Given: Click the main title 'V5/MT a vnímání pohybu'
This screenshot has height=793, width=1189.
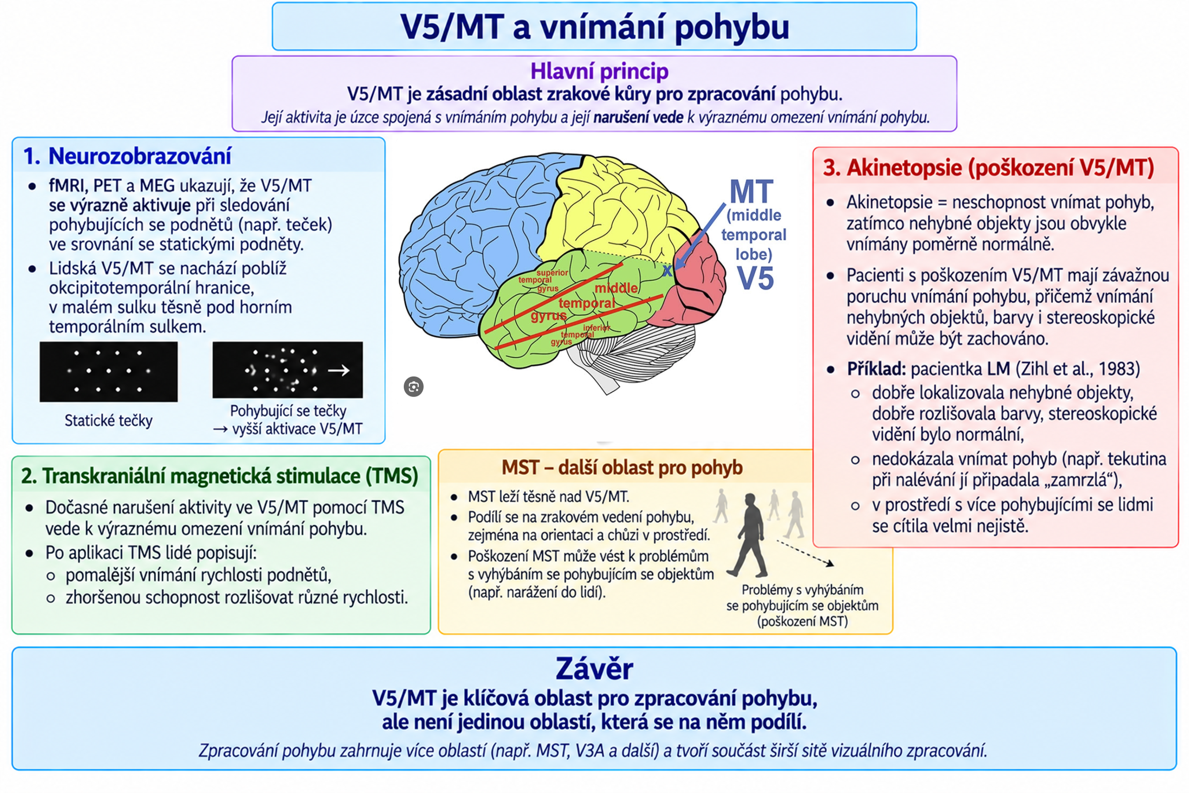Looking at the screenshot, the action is click(x=594, y=27).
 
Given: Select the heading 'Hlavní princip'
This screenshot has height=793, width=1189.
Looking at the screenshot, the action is click(x=599, y=71).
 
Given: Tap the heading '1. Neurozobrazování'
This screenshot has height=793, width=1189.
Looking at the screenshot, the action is click(x=127, y=156).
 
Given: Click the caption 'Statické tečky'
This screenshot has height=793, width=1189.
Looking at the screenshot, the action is click(x=108, y=420).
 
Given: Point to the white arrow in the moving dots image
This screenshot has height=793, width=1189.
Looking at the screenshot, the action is click(x=339, y=371).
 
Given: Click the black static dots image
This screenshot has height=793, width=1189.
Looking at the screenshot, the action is click(x=108, y=372).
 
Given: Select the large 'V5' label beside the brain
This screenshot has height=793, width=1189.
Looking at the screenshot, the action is click(x=755, y=278).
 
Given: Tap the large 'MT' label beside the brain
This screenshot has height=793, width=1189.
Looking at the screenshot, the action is click(x=751, y=192).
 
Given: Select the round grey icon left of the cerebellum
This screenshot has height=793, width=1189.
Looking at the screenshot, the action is click(x=414, y=387).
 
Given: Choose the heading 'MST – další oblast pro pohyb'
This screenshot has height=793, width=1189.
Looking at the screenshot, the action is click(x=622, y=468).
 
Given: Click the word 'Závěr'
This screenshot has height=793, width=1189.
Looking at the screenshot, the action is click(x=594, y=669).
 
